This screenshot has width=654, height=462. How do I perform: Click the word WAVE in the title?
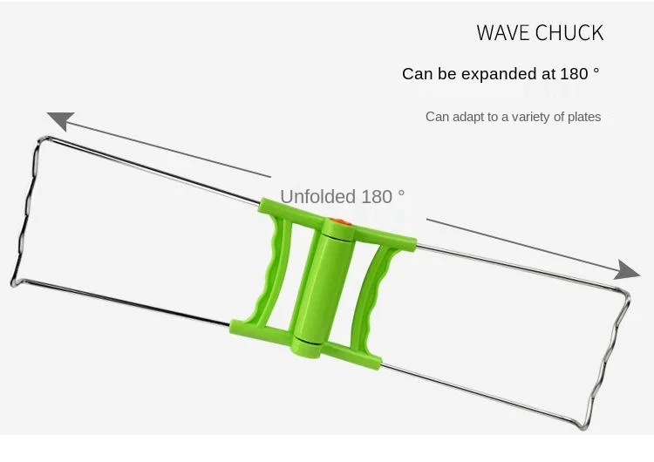click(x=502, y=32)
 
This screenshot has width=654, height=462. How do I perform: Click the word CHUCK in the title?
click(x=569, y=32)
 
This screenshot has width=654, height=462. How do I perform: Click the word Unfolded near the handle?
click(x=317, y=196)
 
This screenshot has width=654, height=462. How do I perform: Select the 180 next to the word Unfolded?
click(x=377, y=197)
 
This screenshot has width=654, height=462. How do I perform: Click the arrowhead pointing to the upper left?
click(x=61, y=120)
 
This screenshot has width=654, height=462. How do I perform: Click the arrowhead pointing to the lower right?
click(x=627, y=270)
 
